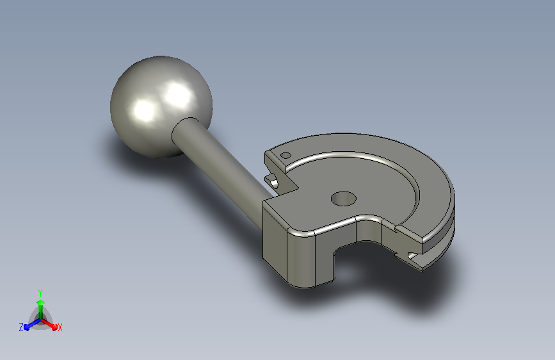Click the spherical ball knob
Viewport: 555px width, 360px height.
coord(161,106)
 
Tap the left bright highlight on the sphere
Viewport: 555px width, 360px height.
coord(145,110)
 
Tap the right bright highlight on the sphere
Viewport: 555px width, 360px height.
coord(178,94)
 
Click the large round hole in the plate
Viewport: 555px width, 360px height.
coord(343,199)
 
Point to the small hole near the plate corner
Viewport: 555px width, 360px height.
coord(286,155)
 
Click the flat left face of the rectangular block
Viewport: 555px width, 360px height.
coord(275,241)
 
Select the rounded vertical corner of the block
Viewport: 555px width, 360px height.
coord(301,259)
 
